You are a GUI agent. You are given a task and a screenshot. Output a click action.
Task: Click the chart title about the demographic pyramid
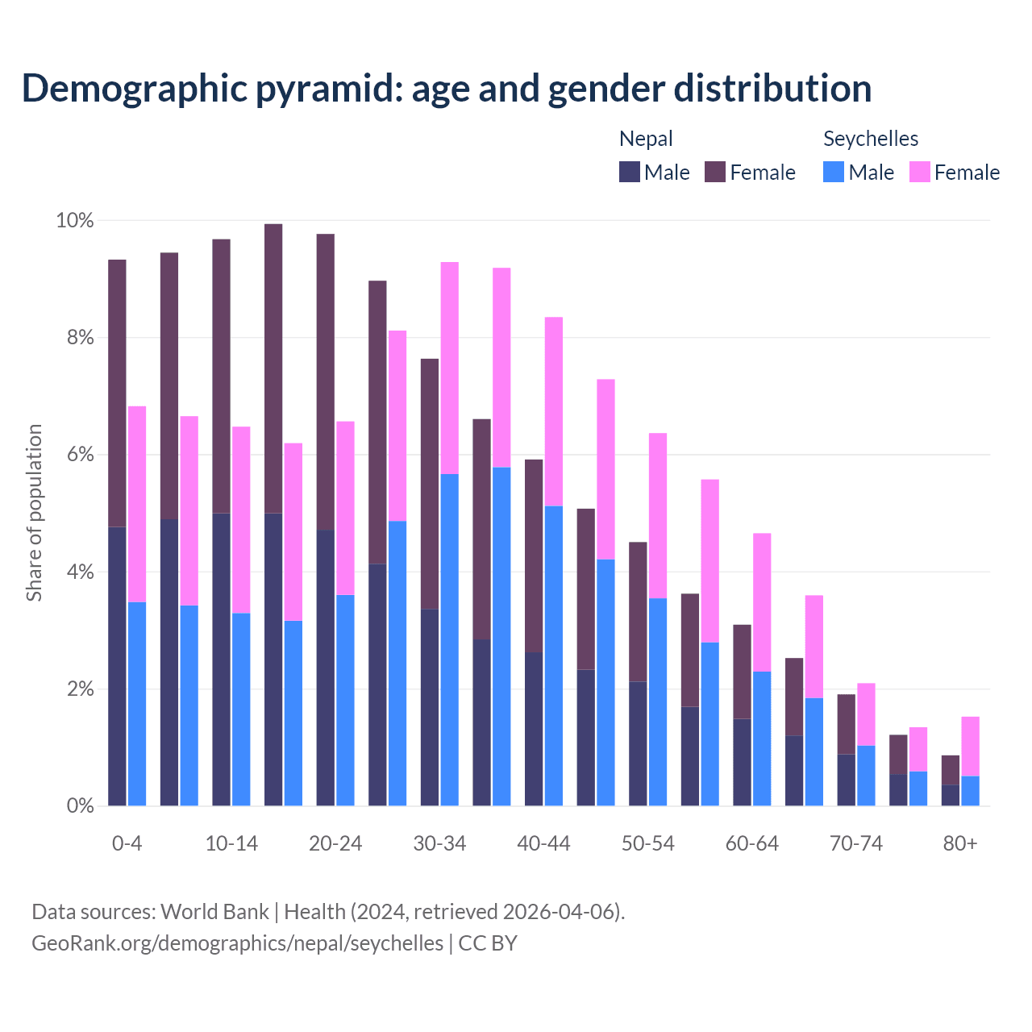tap(447, 89)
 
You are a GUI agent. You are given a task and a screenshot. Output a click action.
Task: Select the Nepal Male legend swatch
tap(630, 172)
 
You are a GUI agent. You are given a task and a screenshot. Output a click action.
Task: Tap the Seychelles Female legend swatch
tap(920, 172)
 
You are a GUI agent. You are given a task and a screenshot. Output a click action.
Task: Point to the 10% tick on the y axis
tap(74, 220)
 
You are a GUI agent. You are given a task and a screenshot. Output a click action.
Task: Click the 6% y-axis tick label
tap(80, 455)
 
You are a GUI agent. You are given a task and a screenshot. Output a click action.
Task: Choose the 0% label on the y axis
tap(80, 805)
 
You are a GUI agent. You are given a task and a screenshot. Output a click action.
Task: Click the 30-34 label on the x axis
tap(439, 843)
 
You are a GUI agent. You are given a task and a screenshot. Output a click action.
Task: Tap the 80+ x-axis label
tap(960, 843)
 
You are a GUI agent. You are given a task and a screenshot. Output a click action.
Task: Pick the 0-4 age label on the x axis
tap(127, 843)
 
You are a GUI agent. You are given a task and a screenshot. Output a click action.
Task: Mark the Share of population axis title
tap(34, 513)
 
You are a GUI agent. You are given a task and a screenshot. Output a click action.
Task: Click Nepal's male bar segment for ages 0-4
tap(117, 666)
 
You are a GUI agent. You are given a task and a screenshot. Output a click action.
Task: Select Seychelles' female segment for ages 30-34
tap(450, 368)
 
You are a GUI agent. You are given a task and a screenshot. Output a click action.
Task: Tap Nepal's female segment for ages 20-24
tap(326, 382)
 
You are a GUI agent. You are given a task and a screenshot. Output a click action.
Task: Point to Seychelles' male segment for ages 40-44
tap(554, 655)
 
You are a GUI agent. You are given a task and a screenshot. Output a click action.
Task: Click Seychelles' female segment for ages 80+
tap(971, 746)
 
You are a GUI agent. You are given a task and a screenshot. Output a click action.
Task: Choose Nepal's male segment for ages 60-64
tap(742, 762)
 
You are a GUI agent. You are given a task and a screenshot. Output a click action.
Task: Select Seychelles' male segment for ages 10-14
tap(241, 709)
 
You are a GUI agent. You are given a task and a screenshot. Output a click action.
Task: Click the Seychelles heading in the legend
tap(871, 139)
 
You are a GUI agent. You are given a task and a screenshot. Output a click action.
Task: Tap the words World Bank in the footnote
tap(214, 912)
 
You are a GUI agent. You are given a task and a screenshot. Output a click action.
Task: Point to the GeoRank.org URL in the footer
tap(237, 943)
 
